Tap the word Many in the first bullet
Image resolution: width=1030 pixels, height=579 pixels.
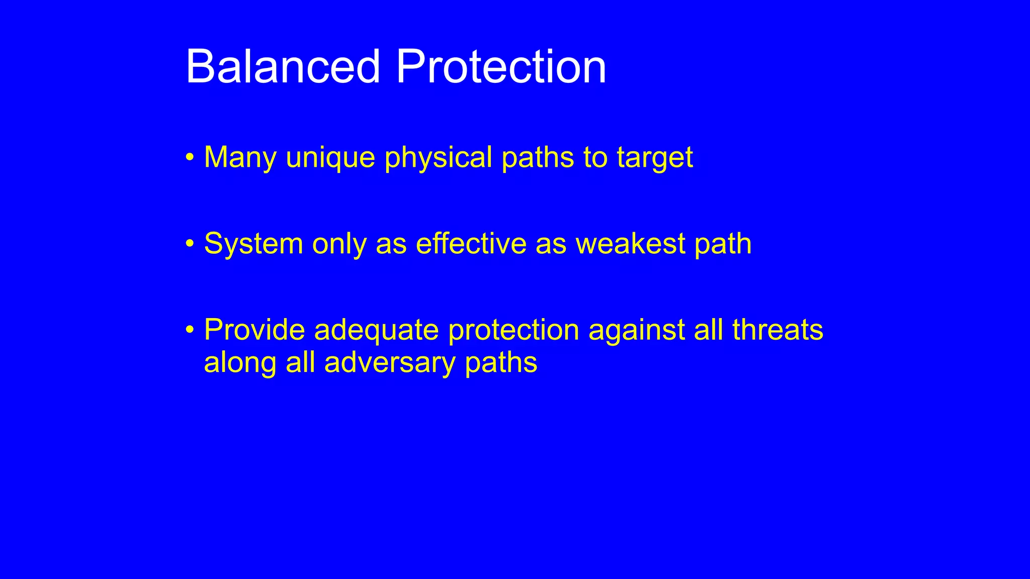click(240, 157)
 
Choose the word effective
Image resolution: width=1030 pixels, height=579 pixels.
click(471, 244)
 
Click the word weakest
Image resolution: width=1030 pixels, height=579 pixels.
click(630, 244)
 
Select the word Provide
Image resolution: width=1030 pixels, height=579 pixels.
click(254, 330)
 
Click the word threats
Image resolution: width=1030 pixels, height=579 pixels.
click(778, 330)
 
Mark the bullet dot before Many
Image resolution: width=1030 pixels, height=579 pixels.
click(190, 157)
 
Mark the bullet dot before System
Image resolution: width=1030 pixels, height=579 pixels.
click(190, 244)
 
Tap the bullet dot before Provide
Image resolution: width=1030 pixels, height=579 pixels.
click(190, 330)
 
